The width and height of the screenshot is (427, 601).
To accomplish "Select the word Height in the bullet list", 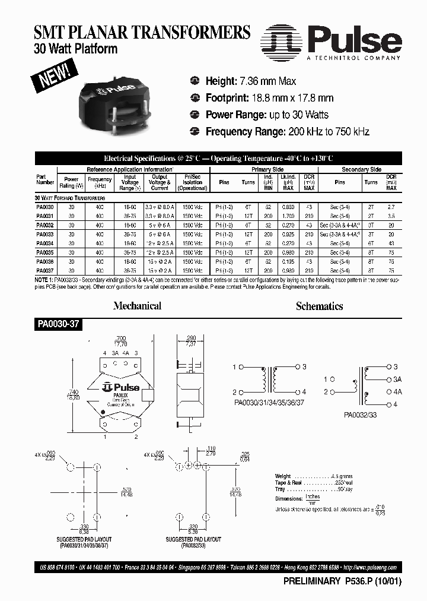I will point(221,81).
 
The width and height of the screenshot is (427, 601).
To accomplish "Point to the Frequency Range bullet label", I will point(246,131).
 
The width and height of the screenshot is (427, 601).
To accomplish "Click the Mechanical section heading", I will point(137,306).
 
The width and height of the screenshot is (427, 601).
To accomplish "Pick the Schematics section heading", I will point(319,306).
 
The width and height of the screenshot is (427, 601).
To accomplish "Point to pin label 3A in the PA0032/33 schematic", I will point(397,379).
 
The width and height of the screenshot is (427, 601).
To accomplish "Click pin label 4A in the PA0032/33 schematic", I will point(397,391).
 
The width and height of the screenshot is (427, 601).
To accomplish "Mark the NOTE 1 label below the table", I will point(46,279).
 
